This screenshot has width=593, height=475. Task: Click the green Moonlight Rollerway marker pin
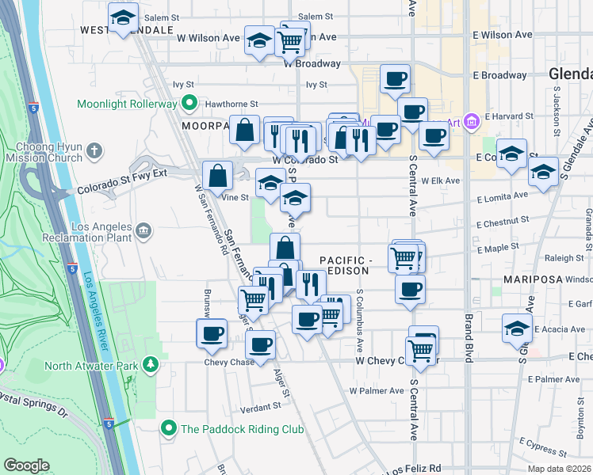pos(189,104)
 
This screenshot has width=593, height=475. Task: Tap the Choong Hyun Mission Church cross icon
pos(94,150)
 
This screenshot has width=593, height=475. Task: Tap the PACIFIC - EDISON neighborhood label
pos(345,265)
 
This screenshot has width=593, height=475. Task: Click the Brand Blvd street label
pos(468,340)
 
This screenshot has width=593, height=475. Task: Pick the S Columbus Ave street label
pos(359,321)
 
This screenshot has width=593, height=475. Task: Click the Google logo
pos(27,465)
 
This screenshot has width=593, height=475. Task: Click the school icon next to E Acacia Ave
pos(516,328)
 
